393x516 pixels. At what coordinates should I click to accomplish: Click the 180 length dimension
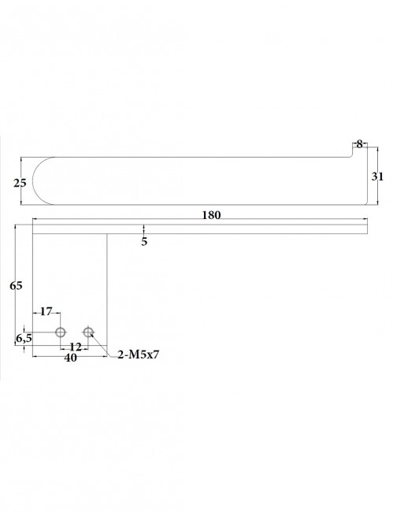coord(211,214)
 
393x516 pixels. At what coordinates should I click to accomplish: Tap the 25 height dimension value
coord(20,183)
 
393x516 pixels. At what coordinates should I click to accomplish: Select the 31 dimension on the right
coord(376,177)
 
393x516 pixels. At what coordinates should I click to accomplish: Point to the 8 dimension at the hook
coord(359,143)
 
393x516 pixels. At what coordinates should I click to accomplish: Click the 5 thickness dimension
coord(144,241)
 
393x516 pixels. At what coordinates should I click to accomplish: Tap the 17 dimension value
coord(46,311)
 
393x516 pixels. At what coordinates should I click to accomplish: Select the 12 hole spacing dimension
coord(75,347)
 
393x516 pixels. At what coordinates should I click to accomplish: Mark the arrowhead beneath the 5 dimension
coord(144,232)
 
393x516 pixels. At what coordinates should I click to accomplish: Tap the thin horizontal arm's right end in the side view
coord(366,228)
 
